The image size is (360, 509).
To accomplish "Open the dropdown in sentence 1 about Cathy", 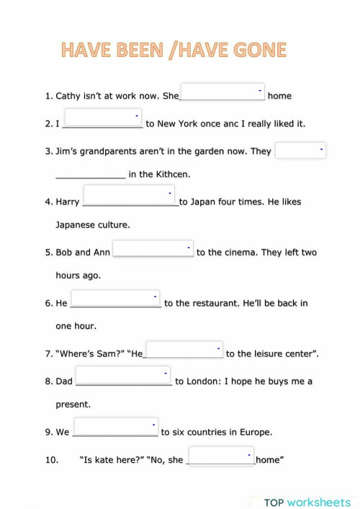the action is [x=222, y=91].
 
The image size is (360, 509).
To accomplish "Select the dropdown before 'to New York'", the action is [x=104, y=116].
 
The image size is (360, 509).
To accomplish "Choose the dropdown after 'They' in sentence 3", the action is [x=300, y=150].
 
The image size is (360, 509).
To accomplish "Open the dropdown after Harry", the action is [x=129, y=194].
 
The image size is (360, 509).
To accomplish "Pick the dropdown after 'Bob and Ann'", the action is [x=153, y=248].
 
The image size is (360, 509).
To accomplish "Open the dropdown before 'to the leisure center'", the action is [x=184, y=349].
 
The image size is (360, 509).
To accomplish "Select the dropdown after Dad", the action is [x=123, y=374].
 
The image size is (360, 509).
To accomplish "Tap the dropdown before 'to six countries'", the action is [x=115, y=426].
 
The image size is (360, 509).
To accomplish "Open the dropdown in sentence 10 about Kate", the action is [x=221, y=456].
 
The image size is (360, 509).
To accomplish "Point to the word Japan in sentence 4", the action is [x=206, y=202].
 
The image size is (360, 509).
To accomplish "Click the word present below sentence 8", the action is [x=73, y=405].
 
